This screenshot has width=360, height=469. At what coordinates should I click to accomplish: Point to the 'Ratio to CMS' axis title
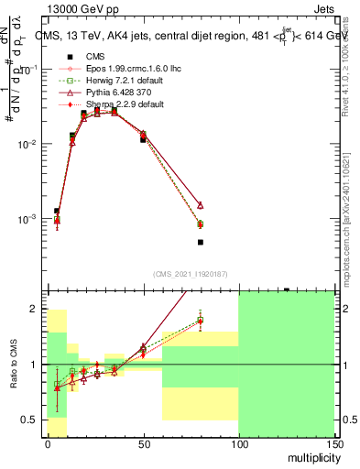coord(15,365)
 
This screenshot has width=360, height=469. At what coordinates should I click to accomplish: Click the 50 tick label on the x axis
coord(143,443)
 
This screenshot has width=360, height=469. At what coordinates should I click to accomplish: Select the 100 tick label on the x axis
coord(238,443)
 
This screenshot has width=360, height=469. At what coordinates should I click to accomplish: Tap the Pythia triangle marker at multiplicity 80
coord(201,205)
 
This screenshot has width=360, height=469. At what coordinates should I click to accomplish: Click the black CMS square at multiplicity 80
coord(201,242)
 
